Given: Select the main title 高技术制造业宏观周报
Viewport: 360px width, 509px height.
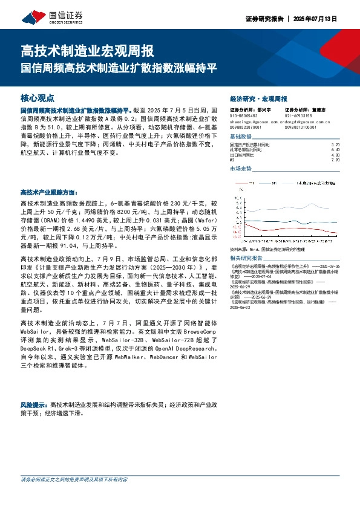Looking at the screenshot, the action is tap(87, 50).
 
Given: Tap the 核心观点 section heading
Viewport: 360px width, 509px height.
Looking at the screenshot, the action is tap(38, 97).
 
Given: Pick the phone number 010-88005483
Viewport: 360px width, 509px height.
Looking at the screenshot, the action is tap(244, 115).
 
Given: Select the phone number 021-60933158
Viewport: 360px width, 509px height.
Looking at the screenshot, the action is tap(298, 115).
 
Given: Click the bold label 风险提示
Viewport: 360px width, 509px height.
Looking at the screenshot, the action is tap(34, 403).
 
